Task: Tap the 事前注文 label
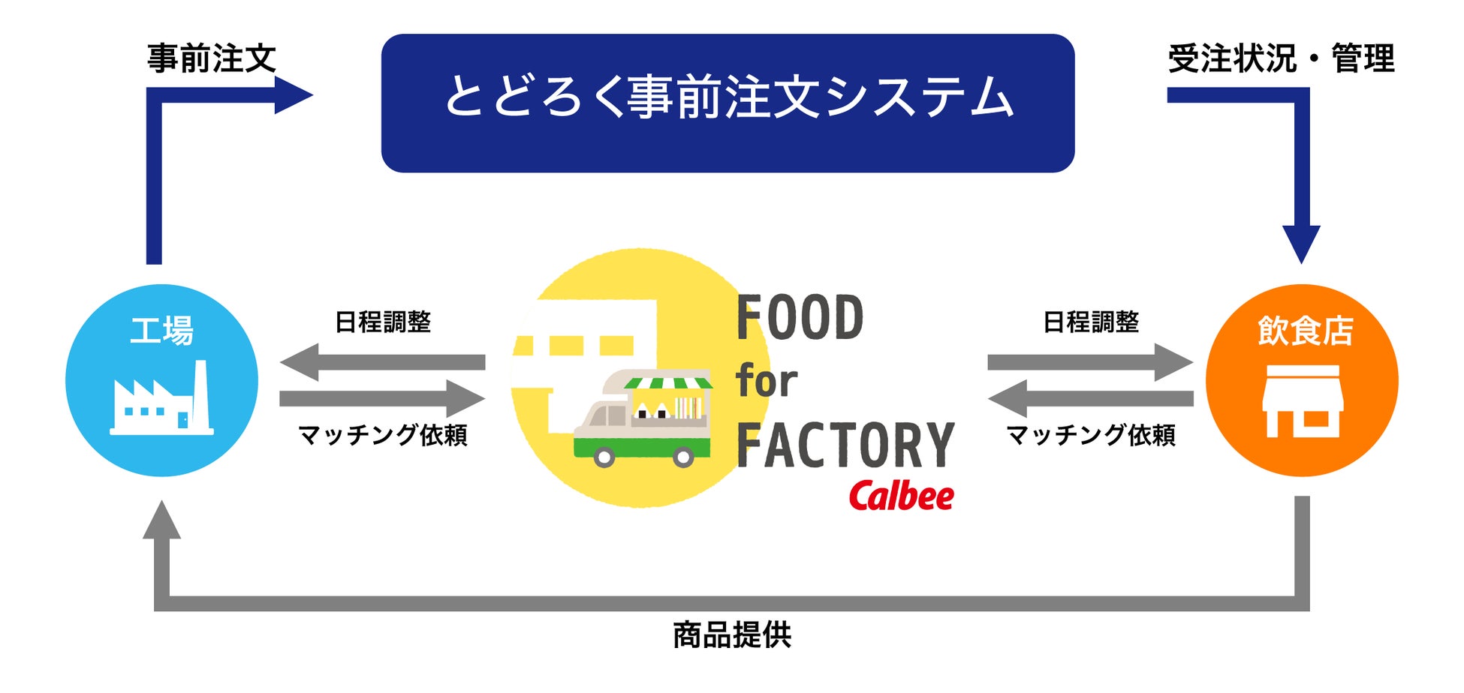(x=212, y=58)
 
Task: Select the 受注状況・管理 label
(x=1280, y=58)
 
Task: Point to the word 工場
(x=161, y=331)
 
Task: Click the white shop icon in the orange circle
(x=1302, y=401)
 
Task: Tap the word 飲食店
(x=1305, y=331)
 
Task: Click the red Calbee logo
(x=901, y=496)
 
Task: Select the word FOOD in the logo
(x=800, y=318)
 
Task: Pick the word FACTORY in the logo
(x=845, y=445)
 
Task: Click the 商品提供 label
(x=732, y=635)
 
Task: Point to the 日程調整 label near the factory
(x=383, y=322)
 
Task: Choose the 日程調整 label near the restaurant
(x=1091, y=322)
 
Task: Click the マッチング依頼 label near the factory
(x=383, y=435)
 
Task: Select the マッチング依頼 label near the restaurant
(x=1091, y=435)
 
